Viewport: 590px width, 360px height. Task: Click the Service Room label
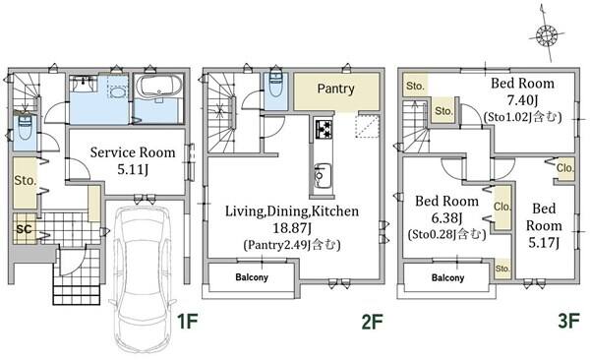pyautogui.click(x=133, y=152)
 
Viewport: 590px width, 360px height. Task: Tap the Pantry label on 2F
pyautogui.click(x=335, y=89)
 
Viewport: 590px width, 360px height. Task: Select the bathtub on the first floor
pyautogui.click(x=158, y=86)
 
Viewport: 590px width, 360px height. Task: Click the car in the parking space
pyautogui.click(x=143, y=278)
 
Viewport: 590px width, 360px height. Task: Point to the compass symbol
pyautogui.click(x=547, y=34)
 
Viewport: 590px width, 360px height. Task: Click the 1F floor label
pyautogui.click(x=187, y=322)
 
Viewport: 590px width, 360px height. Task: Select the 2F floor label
pyautogui.click(x=372, y=322)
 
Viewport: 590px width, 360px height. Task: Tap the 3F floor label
pyautogui.click(x=568, y=322)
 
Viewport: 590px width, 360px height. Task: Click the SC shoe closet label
pyautogui.click(x=24, y=228)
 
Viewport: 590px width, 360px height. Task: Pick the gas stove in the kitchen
pyautogui.click(x=324, y=129)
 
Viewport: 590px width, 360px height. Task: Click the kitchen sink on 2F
pyautogui.click(x=323, y=175)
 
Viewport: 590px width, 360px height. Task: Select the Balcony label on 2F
pyautogui.click(x=252, y=277)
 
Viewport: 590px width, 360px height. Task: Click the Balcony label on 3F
pyautogui.click(x=447, y=278)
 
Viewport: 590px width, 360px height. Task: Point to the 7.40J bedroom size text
pyautogui.click(x=522, y=100)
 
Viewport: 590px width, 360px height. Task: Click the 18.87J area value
pyautogui.click(x=292, y=228)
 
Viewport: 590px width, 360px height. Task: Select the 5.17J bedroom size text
pyautogui.click(x=544, y=243)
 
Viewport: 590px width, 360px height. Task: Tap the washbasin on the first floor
pyautogui.click(x=84, y=84)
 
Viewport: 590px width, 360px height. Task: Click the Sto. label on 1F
pyautogui.click(x=26, y=180)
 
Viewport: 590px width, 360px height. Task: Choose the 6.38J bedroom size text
pyautogui.click(x=446, y=218)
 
